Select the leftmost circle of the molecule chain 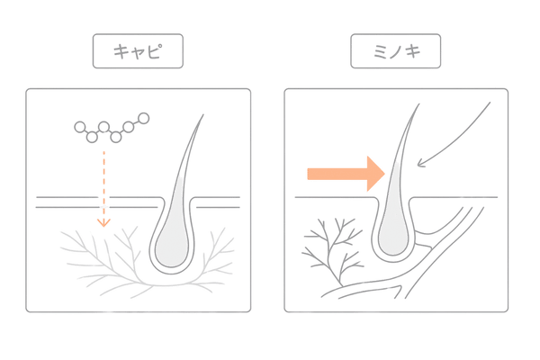[80, 127]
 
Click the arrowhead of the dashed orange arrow [104, 220]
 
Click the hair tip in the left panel [202, 117]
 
